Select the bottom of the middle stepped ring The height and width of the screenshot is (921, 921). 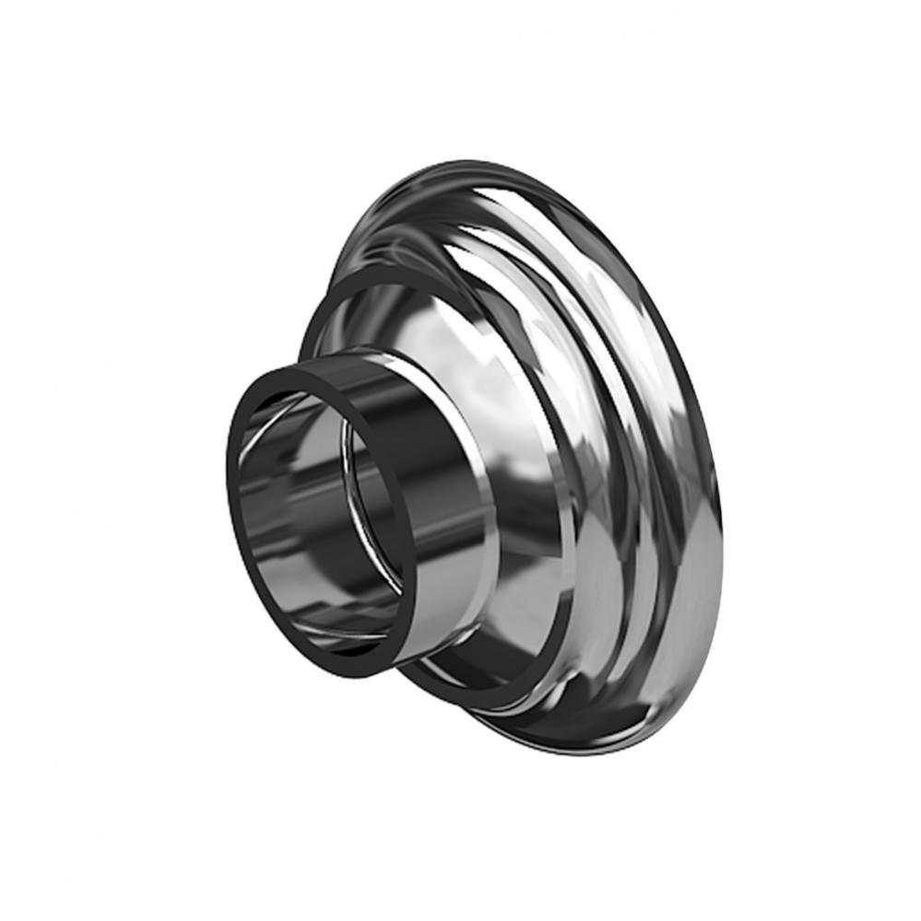[479, 700]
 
